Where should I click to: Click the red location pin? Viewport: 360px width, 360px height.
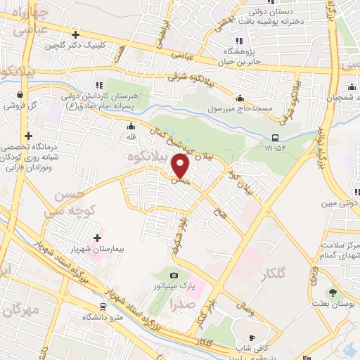[x=181, y=166]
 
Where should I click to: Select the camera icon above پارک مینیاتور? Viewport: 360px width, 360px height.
[x=174, y=274]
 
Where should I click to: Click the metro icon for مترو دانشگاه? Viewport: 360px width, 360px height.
[x=103, y=307]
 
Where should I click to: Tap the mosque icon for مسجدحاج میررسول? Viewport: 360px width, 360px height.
[x=240, y=98]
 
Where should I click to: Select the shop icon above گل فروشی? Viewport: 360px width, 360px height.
[x=20, y=94]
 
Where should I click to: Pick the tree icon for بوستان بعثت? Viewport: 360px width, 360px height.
[x=332, y=293]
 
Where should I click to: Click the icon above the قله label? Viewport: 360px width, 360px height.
[x=131, y=127]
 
